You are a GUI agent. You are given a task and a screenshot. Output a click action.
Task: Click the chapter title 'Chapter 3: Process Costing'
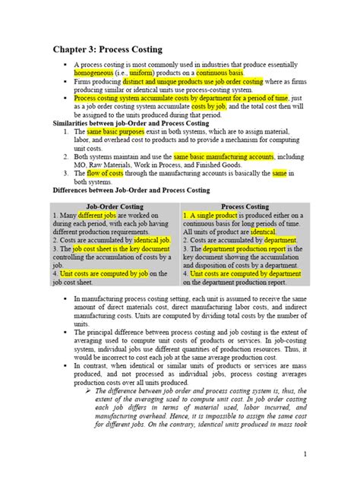[107, 49]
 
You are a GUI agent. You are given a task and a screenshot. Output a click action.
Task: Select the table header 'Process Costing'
[245, 206]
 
